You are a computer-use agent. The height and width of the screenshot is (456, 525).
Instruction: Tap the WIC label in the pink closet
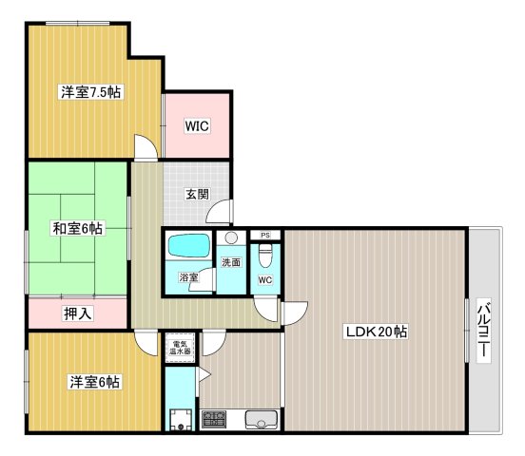197,125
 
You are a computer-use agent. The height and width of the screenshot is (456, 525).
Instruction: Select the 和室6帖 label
78,228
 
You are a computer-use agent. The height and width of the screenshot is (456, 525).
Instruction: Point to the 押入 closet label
77,313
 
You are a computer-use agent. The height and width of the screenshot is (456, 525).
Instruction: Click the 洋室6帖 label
93,382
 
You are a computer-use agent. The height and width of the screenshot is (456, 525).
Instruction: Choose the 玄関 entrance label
198,195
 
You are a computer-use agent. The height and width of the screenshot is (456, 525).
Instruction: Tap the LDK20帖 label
377,332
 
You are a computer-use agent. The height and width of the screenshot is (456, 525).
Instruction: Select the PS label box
265,235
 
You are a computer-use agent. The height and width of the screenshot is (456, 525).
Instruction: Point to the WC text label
265,280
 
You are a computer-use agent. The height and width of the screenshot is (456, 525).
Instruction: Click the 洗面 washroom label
231,262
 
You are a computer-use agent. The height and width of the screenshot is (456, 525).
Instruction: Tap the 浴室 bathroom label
188,277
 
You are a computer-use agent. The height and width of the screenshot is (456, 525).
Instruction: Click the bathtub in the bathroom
189,247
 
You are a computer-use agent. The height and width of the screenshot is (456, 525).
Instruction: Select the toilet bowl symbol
265,256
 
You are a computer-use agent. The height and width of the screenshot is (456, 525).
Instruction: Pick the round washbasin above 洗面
231,239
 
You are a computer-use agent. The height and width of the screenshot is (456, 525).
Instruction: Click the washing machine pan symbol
178,419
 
